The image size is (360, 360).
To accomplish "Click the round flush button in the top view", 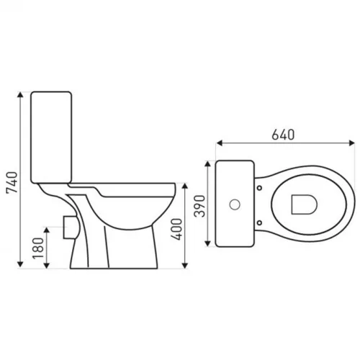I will pos(234,204).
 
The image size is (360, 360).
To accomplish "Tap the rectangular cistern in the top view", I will pos(233,204).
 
